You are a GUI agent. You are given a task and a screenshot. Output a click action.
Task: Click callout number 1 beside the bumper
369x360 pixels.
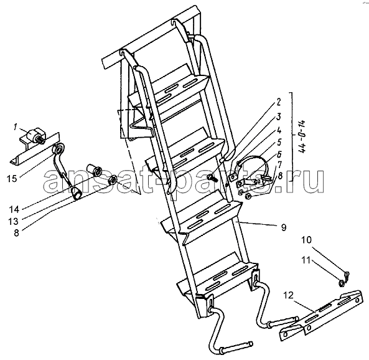(15, 128)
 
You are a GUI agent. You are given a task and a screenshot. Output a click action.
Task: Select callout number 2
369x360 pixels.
(278, 102)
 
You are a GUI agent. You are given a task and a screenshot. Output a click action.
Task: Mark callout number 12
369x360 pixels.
(289, 295)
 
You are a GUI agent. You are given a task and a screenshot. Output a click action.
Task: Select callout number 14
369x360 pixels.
(14, 209)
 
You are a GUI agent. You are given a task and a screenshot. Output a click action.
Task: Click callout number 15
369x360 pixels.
(12, 178)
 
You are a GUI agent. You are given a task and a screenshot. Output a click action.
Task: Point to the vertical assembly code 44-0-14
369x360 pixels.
(303, 136)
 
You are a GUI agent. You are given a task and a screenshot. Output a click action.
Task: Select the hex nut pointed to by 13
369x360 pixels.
(112, 180)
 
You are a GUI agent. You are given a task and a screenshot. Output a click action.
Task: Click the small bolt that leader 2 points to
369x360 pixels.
(211, 178)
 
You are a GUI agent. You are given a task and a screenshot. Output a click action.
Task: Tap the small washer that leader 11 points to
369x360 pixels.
(342, 283)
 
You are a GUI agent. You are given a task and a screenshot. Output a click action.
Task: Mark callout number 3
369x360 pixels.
(279, 116)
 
